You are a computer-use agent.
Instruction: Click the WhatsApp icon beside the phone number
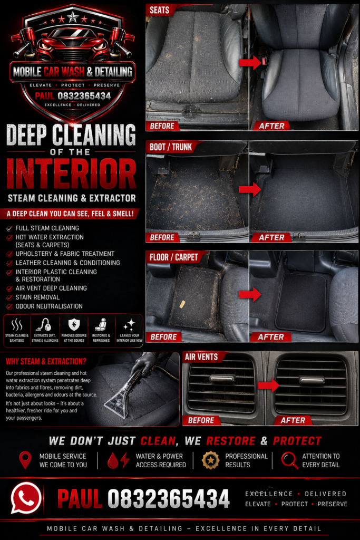26,498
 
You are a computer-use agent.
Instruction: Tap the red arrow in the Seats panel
250,62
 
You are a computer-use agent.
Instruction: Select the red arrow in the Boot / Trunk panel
250,189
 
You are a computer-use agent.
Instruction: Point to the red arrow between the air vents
268,385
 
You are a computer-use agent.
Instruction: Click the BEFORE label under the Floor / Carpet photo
163,337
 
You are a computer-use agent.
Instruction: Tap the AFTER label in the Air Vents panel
293,420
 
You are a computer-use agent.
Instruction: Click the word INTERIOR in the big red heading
71,173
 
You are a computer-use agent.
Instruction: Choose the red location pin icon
25,460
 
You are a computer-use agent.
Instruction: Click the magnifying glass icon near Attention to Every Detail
289,460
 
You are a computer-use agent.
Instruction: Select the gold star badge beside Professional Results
211,460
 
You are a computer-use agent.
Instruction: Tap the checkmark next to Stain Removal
9,297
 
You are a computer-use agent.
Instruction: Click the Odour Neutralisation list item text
49,306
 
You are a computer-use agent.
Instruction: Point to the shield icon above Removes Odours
74,324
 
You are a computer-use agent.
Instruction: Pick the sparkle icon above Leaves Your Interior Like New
129,325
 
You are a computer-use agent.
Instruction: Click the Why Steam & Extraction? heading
46,361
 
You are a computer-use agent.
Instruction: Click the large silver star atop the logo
73,16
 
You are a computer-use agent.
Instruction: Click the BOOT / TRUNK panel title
171,148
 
